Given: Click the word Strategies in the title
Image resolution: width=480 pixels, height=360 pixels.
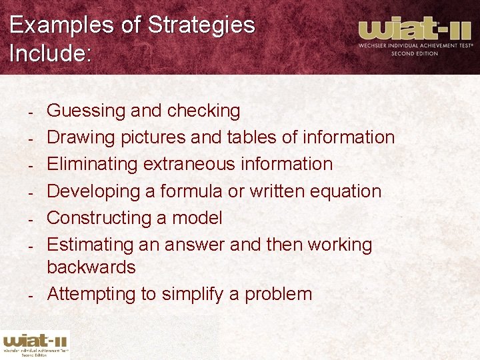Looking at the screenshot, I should click(201, 25).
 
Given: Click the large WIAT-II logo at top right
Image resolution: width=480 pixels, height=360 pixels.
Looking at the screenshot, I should click(415, 36).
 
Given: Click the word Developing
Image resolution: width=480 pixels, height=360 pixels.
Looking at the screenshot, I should click(93, 191).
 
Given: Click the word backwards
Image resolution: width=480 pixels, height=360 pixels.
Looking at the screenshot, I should click(91, 267).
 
